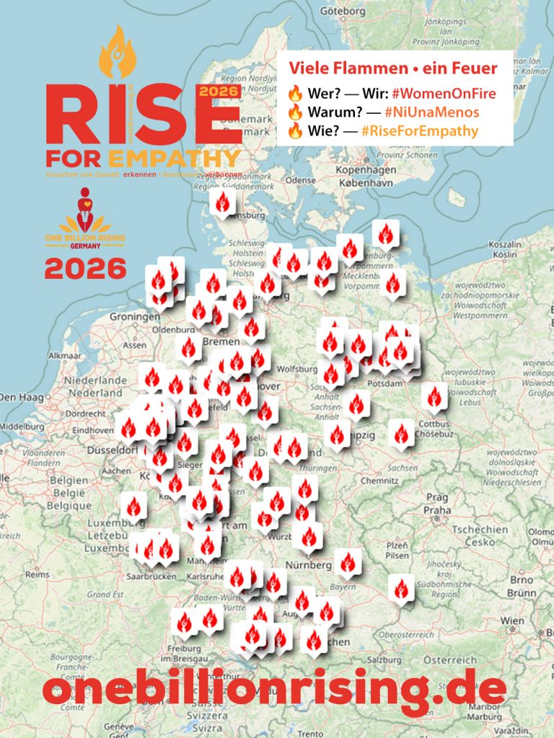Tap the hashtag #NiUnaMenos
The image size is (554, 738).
432,112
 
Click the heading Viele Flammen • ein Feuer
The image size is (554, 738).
392,69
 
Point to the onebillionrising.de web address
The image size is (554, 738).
274,690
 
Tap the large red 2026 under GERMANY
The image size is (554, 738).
85,269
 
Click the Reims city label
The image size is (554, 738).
38,574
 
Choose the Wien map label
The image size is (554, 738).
513,621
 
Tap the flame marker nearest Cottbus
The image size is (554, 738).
434,396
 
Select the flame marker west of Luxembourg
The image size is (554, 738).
133,507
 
